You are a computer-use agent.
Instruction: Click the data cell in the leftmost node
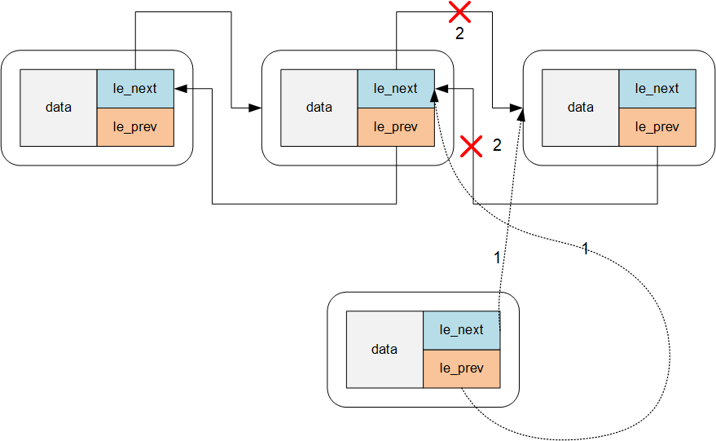point(58,108)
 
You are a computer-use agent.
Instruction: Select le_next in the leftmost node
point(135,89)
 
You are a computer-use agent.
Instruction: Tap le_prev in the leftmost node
point(135,127)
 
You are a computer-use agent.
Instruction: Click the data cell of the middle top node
point(318,108)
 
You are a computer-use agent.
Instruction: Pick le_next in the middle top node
point(396,89)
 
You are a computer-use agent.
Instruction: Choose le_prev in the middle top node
point(396,127)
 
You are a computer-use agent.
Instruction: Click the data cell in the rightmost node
point(580,108)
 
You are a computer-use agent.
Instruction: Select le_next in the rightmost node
point(657,89)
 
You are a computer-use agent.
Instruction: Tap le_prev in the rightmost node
point(657,127)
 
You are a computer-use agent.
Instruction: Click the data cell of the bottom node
point(384,350)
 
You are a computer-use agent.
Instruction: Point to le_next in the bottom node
point(461,330)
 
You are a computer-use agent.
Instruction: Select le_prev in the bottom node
point(461,368)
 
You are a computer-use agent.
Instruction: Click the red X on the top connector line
point(460,11)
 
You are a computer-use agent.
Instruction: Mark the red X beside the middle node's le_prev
point(472,146)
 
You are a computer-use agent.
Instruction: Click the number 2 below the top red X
point(460,35)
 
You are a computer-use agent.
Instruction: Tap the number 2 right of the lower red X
point(497,146)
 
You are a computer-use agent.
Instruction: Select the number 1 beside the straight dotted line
point(497,258)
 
